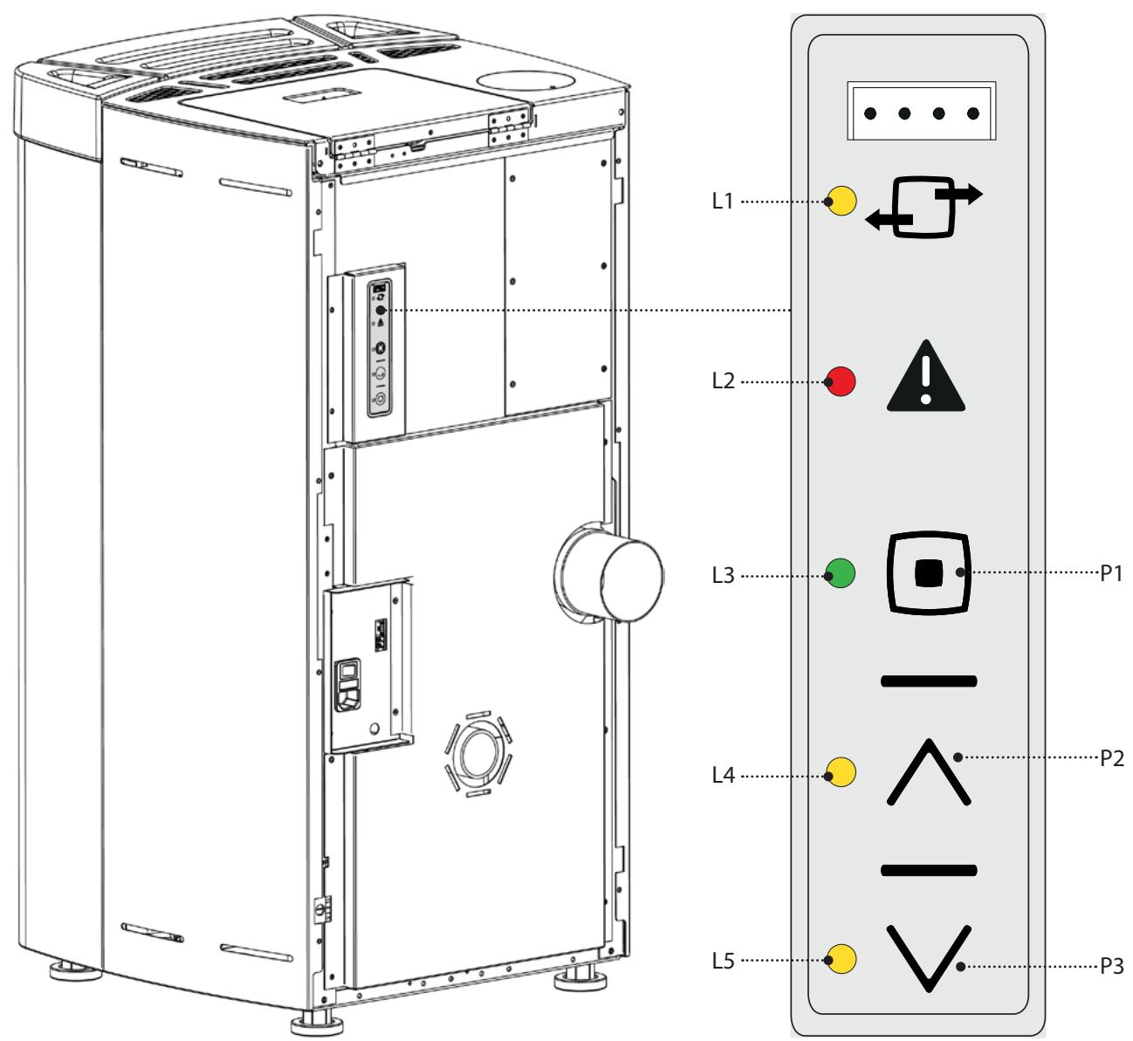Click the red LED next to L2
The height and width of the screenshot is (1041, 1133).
[x=842, y=382]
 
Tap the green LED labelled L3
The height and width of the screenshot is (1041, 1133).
[x=842, y=575]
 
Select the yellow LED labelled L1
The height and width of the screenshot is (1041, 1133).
[x=842, y=202]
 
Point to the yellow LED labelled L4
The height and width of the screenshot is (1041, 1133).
[x=842, y=772]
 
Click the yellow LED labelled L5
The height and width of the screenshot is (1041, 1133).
[x=842, y=959]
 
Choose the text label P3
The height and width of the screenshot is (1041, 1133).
[x=1111, y=967]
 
